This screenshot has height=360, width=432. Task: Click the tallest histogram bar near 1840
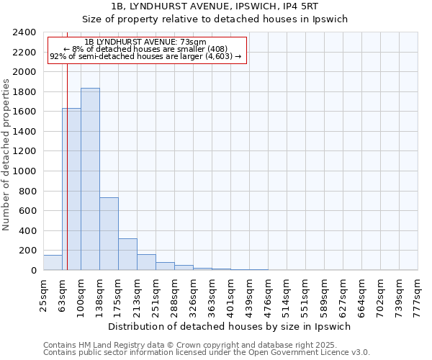90,179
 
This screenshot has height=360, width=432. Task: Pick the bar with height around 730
109,234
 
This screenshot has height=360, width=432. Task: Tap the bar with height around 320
127,254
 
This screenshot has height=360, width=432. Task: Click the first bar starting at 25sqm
53,263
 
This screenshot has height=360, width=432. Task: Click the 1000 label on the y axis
24,172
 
